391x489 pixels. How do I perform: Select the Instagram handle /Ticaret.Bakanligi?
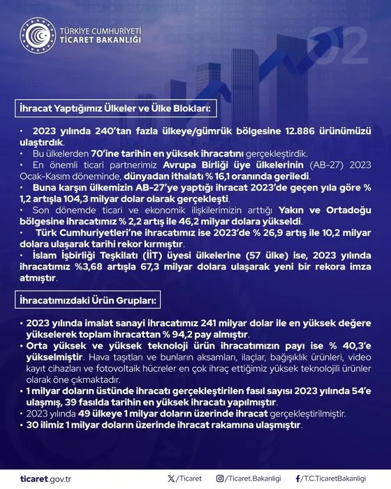[250, 479]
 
